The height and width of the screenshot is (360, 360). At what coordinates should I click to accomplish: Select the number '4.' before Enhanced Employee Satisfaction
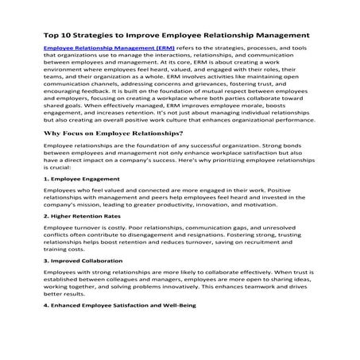click(46, 304)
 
